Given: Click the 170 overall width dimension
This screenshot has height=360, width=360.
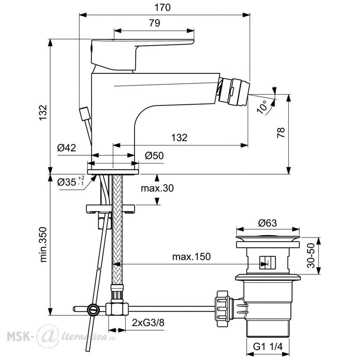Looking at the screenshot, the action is tap(163, 8).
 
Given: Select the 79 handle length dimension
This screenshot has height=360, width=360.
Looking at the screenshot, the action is tap(154, 23).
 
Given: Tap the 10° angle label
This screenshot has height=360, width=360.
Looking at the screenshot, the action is tap(262, 107).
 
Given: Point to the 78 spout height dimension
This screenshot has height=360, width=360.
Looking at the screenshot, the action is tap(281, 132).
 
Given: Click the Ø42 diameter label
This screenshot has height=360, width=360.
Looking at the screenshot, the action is tap(67, 148).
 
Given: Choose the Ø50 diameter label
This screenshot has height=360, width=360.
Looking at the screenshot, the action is tap(154, 156).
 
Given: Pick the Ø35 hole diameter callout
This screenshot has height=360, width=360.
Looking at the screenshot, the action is tap(71, 181).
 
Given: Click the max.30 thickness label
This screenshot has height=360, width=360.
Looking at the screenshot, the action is tap(157, 188).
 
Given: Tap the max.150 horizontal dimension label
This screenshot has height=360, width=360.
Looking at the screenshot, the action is tap(192, 256).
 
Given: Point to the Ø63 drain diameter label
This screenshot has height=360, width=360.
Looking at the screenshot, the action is tap(267, 223).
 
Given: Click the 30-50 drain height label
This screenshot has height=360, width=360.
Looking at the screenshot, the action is tap(311, 255).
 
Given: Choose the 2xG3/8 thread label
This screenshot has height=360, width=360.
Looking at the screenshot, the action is tap(148, 323).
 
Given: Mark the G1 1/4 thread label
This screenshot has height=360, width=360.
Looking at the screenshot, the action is tap(268, 346).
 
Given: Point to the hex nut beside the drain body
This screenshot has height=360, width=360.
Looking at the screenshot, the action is tap(222, 309).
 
